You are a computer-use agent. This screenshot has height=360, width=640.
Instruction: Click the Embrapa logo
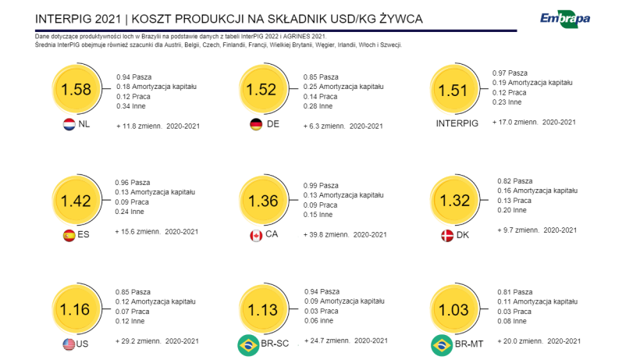tap(564, 18)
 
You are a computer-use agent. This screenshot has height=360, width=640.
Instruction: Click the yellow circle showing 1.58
tap(76, 90)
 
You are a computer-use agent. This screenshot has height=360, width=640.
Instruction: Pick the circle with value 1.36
tap(262, 201)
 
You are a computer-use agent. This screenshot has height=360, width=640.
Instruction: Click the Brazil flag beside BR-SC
tap(249, 344)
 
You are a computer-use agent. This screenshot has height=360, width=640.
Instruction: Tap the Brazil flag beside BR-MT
tap(442, 344)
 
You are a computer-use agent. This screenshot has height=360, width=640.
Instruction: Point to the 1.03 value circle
tap(453, 309)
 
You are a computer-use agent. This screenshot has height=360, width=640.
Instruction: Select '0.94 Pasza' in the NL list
tap(133, 77)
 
